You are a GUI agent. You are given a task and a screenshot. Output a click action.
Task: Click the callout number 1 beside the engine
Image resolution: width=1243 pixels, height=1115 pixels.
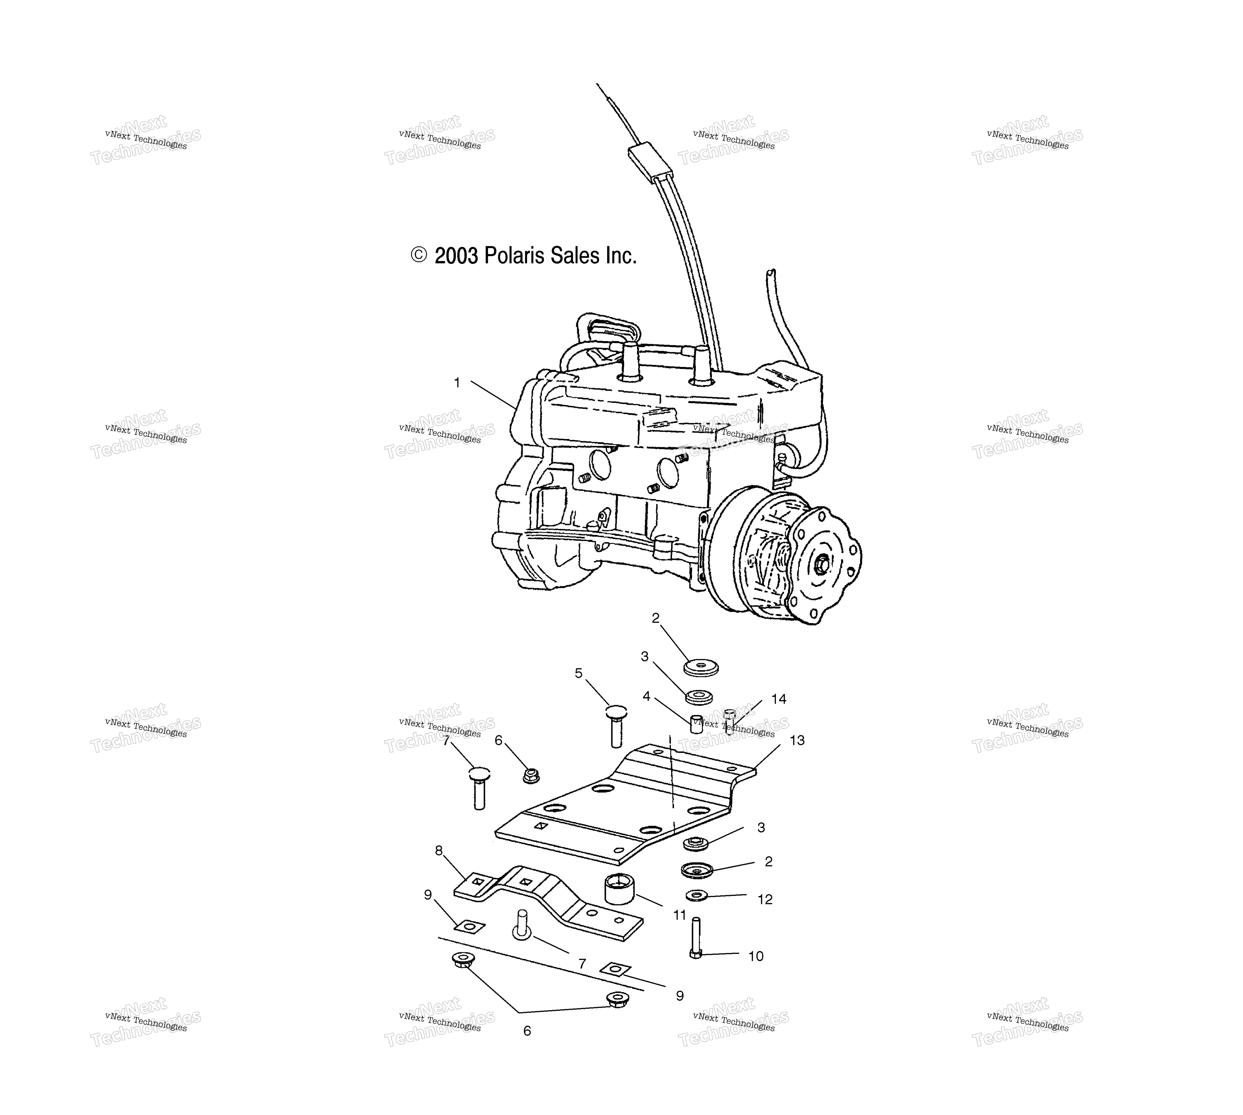[456, 383]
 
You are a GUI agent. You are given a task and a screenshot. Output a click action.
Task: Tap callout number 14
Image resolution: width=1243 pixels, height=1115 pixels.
[779, 699]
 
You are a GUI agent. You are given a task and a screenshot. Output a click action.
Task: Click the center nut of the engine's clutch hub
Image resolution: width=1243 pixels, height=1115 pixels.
[821, 562]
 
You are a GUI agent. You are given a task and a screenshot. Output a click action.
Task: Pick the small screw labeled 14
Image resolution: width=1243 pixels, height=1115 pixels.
[729, 721]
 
